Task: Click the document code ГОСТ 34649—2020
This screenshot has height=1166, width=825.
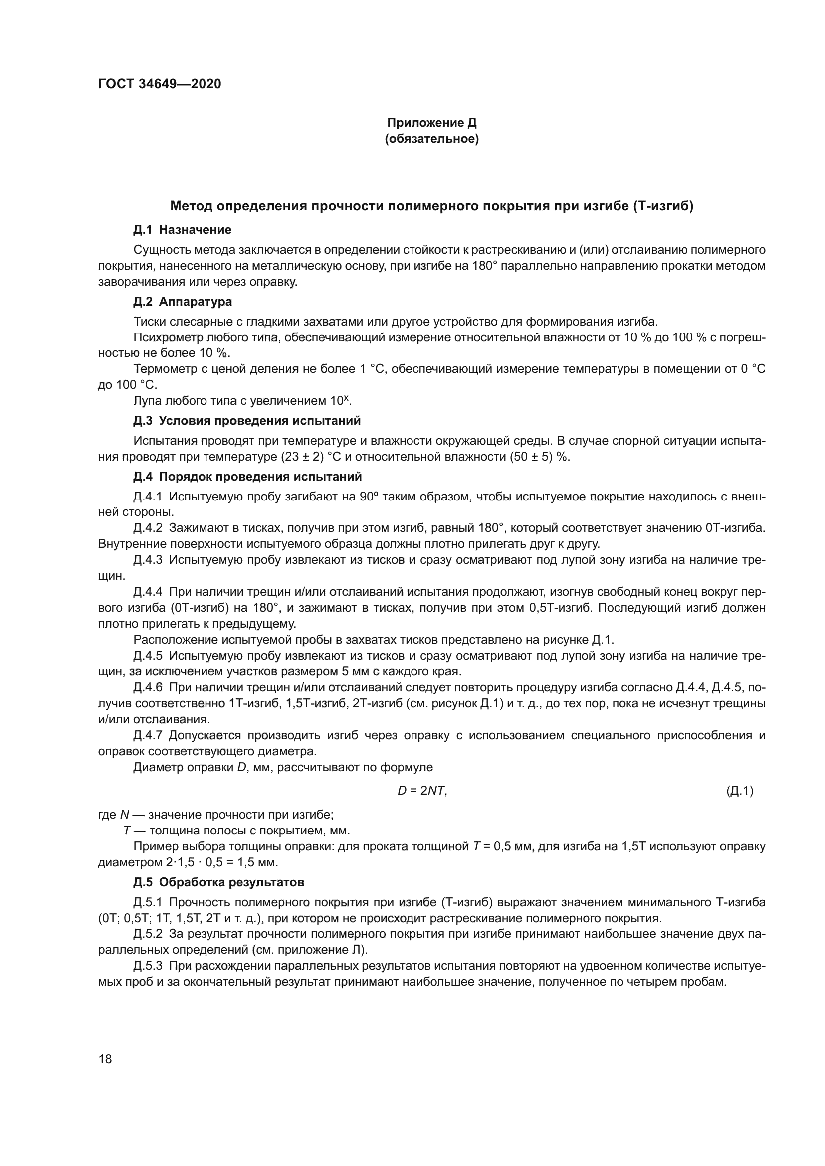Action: (160, 84)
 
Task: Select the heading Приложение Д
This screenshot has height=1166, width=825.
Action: (432, 123)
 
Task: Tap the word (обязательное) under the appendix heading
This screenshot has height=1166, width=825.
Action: (432, 139)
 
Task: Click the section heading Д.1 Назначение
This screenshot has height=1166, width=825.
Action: (183, 230)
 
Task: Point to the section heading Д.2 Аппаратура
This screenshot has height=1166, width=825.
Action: (183, 302)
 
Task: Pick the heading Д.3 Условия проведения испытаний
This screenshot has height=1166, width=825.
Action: (247, 421)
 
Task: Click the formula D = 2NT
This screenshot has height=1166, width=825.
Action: (422, 790)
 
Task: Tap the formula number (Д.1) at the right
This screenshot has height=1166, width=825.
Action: (740, 790)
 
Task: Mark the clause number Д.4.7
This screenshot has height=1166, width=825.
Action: (148, 735)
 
